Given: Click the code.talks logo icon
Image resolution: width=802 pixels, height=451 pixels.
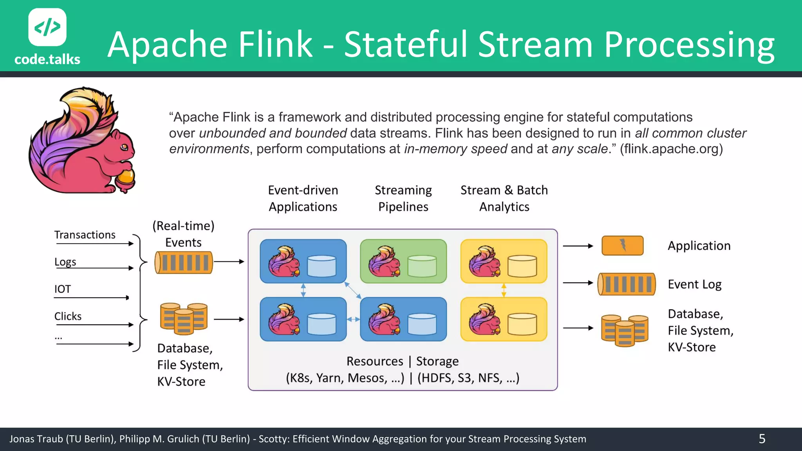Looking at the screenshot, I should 47,27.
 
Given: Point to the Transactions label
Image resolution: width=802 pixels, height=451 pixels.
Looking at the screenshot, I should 85,235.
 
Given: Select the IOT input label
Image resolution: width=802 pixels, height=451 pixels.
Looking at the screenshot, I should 63,289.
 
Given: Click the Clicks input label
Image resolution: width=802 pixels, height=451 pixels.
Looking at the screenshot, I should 68,316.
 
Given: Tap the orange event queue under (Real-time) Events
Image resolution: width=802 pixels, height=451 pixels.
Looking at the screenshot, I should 184,262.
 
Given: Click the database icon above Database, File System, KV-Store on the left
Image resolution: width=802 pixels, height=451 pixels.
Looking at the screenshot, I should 184,319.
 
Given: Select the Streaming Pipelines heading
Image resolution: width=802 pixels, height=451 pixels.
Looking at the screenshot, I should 403,198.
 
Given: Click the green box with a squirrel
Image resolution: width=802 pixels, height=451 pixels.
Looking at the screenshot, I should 403,261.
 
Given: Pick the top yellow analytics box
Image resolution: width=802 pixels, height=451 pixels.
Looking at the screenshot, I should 504,261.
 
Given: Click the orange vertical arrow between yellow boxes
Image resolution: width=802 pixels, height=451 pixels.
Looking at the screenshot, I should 504,290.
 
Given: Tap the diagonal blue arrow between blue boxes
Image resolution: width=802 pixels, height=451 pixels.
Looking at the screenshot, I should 353,290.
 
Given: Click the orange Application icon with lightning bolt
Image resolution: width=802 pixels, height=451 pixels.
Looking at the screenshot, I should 622,245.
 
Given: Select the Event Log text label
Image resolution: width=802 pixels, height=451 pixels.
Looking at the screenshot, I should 694,284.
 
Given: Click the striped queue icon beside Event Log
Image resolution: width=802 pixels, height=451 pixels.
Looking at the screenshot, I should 626,284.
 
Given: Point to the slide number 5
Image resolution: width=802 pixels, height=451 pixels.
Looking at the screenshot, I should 762,439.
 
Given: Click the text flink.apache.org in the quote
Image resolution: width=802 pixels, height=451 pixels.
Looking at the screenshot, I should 671,149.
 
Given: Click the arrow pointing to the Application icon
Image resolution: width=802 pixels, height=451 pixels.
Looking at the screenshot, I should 578,246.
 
